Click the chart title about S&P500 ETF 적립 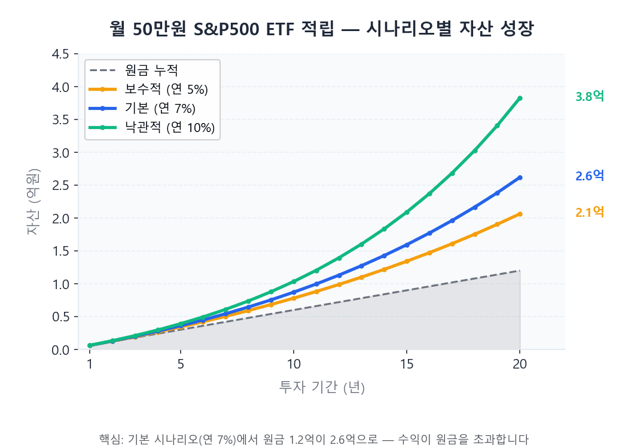click(x=321, y=28)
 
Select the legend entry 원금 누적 click(x=151, y=70)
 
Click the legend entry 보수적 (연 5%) click(x=166, y=90)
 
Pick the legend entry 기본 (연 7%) click(x=160, y=109)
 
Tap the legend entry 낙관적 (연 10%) click(x=169, y=128)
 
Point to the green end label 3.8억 click(x=590, y=97)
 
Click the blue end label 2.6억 click(x=590, y=176)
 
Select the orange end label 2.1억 click(x=590, y=212)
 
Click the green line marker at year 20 click(x=520, y=98)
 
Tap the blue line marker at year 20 click(x=520, y=177)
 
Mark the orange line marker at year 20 click(x=520, y=214)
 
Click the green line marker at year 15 click(x=407, y=212)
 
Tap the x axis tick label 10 click(x=293, y=365)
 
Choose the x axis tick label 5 click(x=181, y=365)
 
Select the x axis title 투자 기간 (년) click(x=322, y=387)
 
